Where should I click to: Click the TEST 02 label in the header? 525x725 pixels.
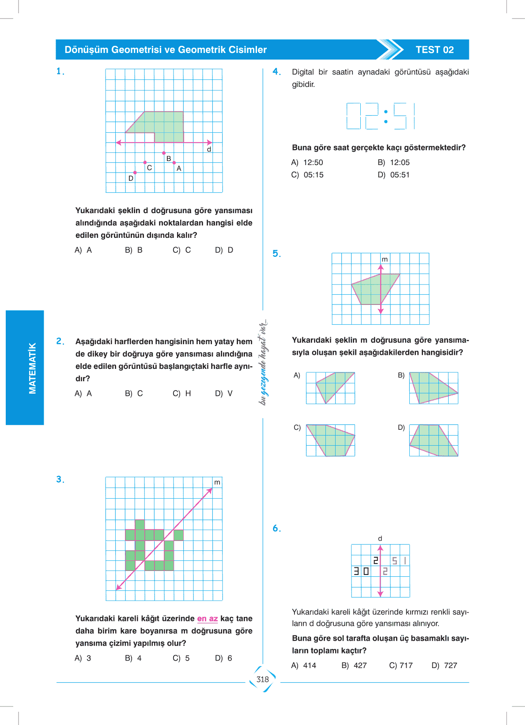[x=434, y=50]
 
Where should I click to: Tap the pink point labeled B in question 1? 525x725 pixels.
[x=164, y=153]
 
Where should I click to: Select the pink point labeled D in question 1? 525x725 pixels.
[x=135, y=173]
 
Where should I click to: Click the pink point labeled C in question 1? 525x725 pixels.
[x=145, y=162]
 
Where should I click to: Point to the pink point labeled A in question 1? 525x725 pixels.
[x=174, y=163]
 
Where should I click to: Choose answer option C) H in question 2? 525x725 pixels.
[x=182, y=393]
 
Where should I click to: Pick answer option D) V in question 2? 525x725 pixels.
[x=223, y=393]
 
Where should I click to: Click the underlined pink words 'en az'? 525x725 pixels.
[x=208, y=619]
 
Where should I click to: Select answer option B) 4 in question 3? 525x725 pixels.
[x=133, y=658]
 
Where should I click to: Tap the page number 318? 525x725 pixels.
[x=263, y=680]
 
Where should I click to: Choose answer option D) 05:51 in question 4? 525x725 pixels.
[x=393, y=175]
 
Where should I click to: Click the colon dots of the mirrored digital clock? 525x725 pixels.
[x=386, y=116]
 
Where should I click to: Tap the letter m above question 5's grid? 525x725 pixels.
[x=385, y=259]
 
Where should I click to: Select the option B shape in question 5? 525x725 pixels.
[x=433, y=388]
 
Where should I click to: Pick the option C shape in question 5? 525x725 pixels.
[x=330, y=440]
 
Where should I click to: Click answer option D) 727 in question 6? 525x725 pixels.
[x=444, y=665]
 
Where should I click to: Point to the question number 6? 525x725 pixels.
[x=276, y=529]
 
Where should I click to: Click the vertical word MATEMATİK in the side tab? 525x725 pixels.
[x=32, y=368]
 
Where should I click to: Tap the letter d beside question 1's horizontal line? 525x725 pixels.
[x=209, y=150]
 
